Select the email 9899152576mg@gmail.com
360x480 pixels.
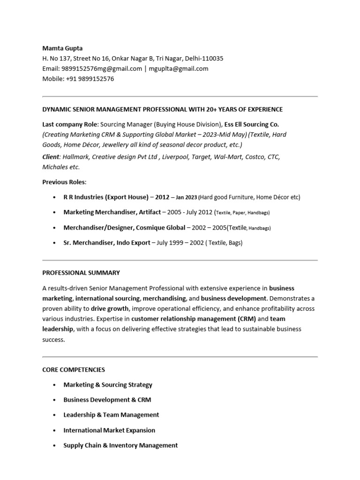pos(102,68)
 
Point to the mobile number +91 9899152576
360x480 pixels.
pos(89,79)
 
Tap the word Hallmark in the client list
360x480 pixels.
pos(78,157)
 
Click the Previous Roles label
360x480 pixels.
pos(64,182)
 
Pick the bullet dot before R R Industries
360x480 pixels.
pos(54,197)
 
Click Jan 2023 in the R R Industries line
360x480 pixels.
pos(187,198)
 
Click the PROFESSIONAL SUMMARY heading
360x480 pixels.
pos(81,272)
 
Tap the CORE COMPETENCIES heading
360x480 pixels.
pos(74,370)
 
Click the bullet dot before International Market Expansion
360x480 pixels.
pos(54,430)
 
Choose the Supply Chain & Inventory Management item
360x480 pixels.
pos(120,445)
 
